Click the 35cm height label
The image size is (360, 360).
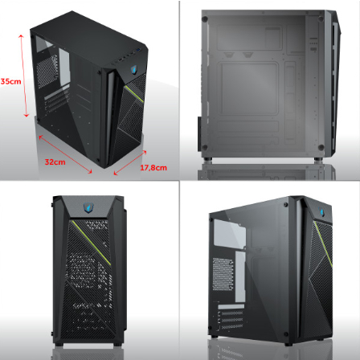(10, 81)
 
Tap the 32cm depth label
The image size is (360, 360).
(55, 162)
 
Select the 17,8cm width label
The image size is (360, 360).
(153, 168)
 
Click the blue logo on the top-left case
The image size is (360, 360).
(134, 69)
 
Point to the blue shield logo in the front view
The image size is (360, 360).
(88, 207)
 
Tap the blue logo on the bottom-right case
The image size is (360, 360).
(321, 211)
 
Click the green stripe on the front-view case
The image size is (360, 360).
(92, 243)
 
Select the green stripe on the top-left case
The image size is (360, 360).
(134, 94)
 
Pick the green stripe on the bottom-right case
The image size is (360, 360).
(324, 244)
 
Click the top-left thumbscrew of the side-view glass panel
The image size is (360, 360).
(205, 19)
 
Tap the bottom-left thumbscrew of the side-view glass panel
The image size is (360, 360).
(205, 147)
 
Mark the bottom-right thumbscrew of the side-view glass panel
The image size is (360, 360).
(321, 147)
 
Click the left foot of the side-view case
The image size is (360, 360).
(208, 159)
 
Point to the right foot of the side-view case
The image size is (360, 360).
(318, 159)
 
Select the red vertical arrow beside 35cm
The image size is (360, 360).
(23, 76)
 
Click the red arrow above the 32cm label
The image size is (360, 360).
(65, 154)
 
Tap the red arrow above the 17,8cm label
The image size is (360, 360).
(130, 163)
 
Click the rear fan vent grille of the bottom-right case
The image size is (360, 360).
(223, 274)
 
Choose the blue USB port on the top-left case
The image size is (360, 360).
(138, 51)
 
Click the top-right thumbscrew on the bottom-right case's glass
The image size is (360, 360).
(284, 205)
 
